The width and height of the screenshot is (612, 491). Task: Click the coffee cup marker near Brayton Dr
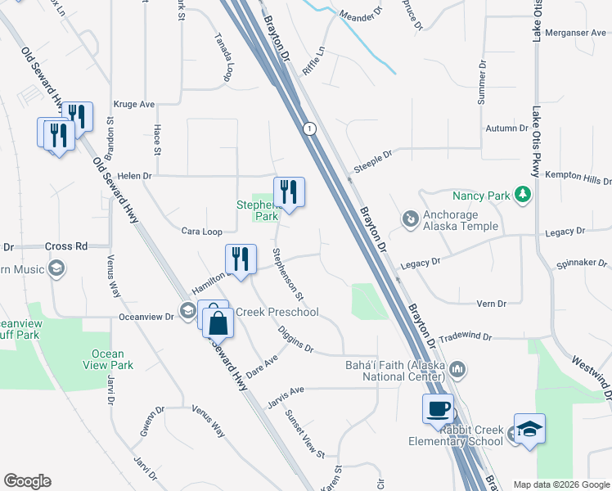438,408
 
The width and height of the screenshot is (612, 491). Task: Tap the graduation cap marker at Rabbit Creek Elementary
529,429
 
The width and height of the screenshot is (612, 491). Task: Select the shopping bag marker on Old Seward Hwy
218,325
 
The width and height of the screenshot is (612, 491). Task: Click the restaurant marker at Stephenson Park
289,192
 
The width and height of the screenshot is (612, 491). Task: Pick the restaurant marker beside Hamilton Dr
241,259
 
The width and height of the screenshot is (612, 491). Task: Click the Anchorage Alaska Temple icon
409,218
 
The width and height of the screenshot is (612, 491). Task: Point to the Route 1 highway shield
308,129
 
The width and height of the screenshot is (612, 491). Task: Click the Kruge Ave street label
135,105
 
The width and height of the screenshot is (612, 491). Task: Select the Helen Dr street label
135,176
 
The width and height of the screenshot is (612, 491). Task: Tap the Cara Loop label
201,232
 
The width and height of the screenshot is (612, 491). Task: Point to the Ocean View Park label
107,360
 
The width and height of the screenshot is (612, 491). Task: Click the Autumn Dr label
508,128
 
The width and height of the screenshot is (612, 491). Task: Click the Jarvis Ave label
286,391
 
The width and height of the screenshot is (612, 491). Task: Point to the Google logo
27,481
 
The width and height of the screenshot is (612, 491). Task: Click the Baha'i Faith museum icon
457,370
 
